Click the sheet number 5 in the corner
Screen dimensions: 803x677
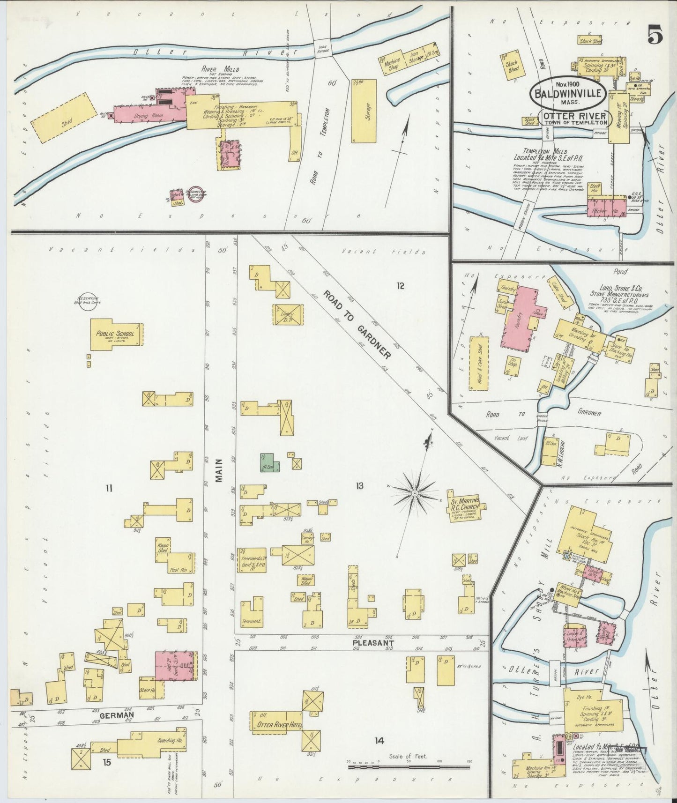click(x=655, y=36)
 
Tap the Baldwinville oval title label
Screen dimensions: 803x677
click(x=568, y=93)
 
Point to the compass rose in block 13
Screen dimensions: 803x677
click(x=415, y=494)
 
